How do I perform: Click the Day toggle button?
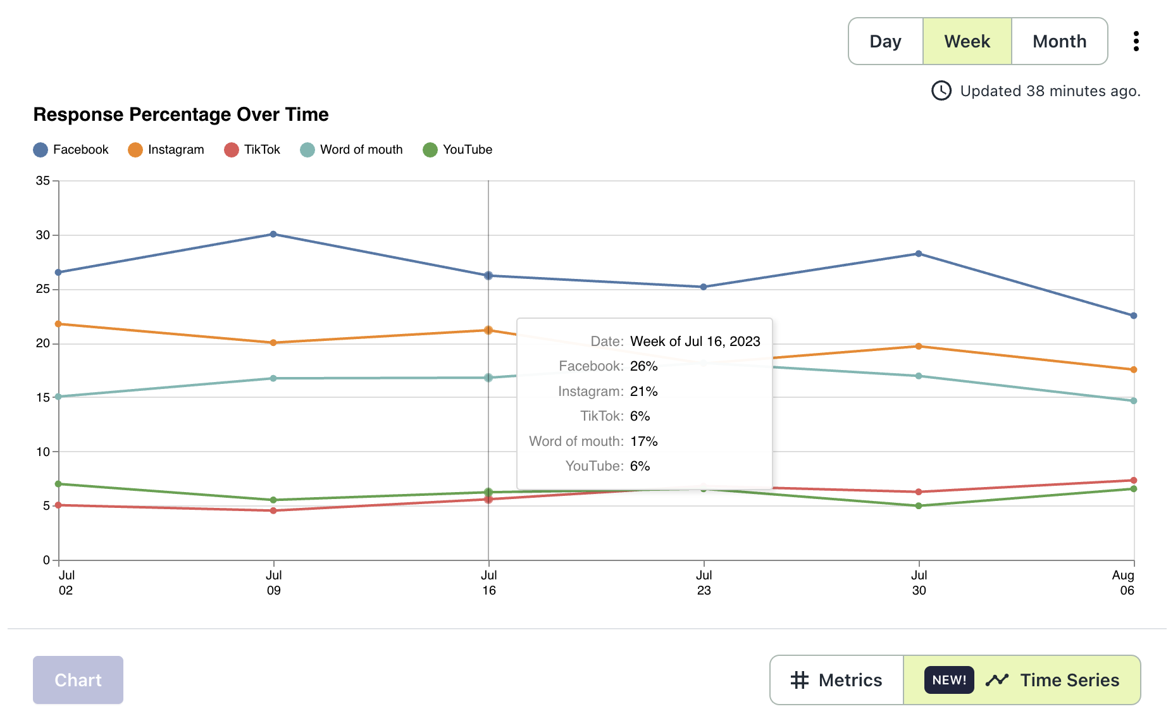click(x=885, y=42)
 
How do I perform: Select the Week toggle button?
click(x=967, y=42)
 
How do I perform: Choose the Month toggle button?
click(x=1059, y=42)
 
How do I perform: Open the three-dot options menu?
click(x=1136, y=42)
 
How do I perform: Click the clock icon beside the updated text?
click(x=941, y=91)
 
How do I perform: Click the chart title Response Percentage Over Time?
click(x=181, y=114)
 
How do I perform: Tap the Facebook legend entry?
click(x=71, y=150)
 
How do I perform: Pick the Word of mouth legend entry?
click(x=352, y=150)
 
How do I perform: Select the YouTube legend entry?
click(x=457, y=150)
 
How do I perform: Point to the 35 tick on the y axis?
click(x=43, y=181)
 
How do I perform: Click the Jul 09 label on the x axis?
click(x=273, y=583)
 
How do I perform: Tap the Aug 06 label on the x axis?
click(x=1124, y=583)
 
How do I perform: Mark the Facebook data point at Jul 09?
click(x=273, y=234)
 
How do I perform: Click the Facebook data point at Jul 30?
click(x=919, y=254)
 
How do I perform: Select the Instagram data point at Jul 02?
click(x=58, y=324)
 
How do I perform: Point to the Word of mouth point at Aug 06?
click(x=1134, y=400)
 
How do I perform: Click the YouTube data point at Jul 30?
click(x=919, y=506)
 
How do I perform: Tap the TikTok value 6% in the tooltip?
click(x=640, y=416)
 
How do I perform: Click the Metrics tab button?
click(x=836, y=680)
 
